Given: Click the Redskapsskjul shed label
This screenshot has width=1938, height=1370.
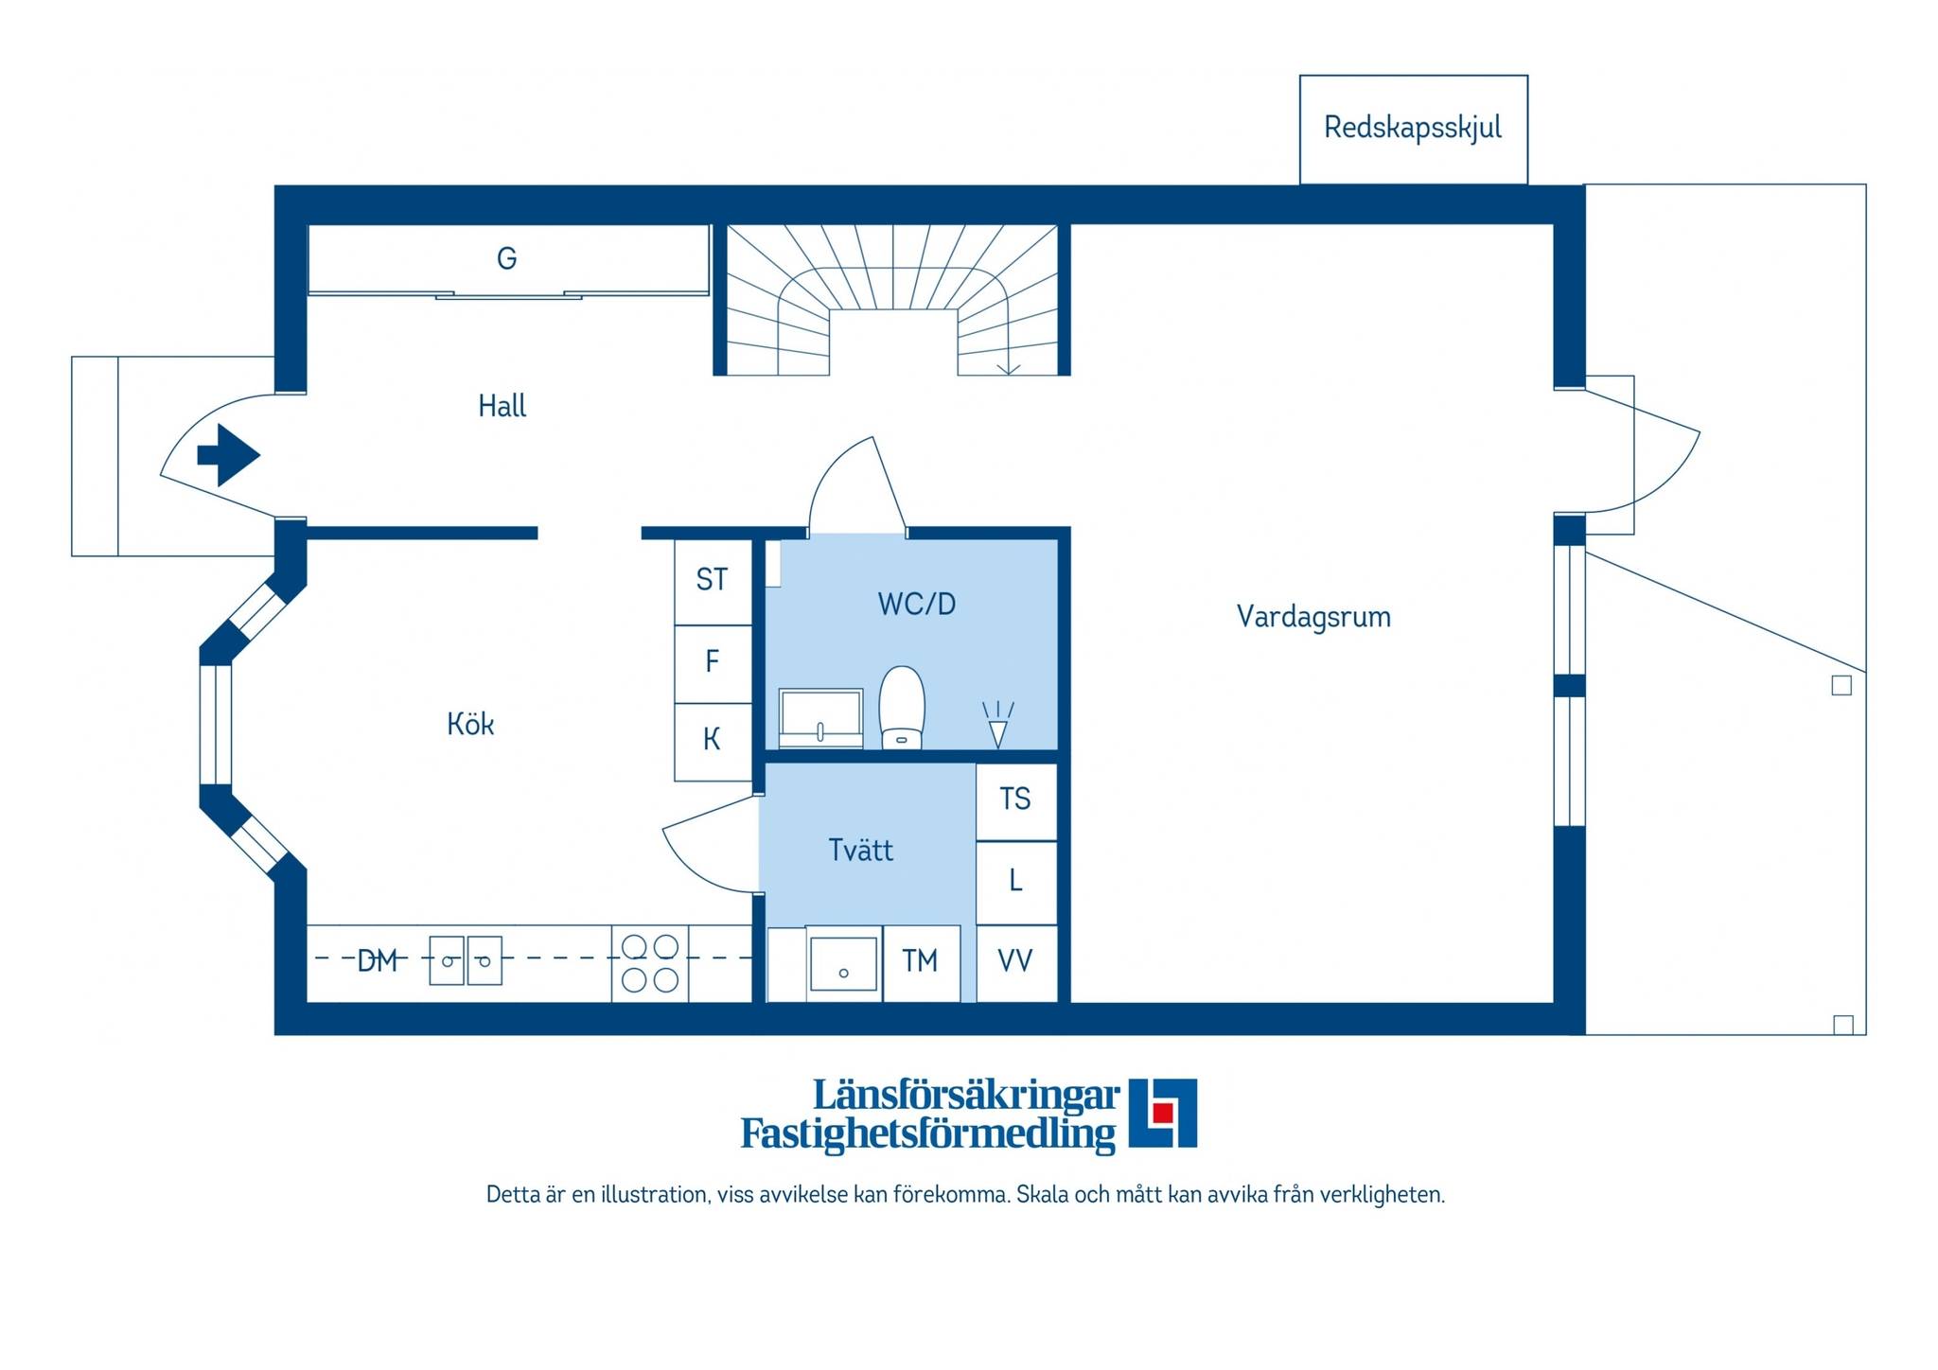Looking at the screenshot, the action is point(1412,128).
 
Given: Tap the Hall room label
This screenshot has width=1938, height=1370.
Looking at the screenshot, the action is point(502,406).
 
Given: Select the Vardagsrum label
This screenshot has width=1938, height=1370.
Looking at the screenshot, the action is point(1313,617).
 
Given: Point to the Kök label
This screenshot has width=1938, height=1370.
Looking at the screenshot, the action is point(470,724).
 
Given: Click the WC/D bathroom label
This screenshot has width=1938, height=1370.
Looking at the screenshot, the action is point(917,604).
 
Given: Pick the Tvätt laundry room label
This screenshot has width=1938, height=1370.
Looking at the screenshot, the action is point(860,850).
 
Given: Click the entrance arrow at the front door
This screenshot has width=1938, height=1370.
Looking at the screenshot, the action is point(228,455).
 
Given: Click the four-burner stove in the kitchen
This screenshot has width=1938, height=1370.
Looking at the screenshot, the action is point(650,963).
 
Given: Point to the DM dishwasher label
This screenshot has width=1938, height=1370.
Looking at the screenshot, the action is point(377,961).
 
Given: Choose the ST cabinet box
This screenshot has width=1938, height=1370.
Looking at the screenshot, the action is point(713,581).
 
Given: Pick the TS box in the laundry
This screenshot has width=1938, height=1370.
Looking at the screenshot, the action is point(1016,801).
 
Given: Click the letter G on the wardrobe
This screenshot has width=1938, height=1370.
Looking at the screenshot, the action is point(506,257).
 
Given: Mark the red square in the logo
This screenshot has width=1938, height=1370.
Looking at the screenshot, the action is point(1163,1113).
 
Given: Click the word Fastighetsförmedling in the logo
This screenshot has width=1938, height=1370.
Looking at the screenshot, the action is point(927,1134).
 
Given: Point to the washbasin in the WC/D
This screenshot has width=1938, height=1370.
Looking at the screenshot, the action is point(820,718).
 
